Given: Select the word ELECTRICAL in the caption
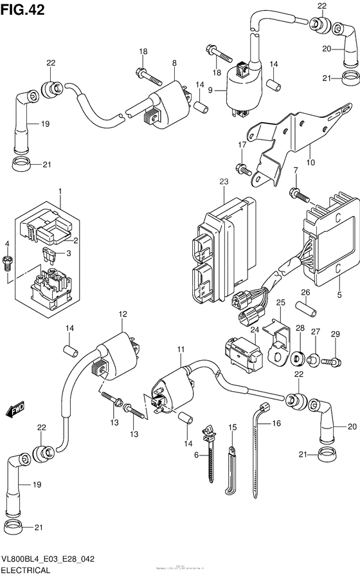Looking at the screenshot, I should pos(28,570).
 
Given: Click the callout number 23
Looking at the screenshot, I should pos(223,182).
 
